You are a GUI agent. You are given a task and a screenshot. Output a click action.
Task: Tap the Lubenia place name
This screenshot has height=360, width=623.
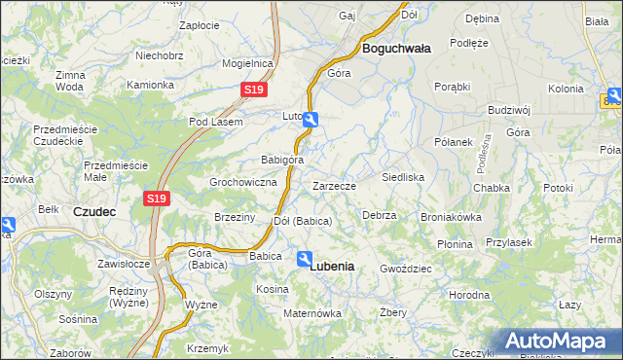click(x=331, y=266)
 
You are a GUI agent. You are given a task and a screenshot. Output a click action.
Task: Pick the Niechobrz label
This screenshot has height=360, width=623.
click(x=160, y=55)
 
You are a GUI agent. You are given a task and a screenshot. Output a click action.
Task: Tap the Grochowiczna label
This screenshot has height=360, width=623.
click(x=244, y=182)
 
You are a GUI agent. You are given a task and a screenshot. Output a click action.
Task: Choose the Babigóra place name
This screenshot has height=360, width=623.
click(x=282, y=160)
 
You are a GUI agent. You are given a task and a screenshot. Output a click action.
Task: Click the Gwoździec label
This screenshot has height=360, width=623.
click(x=405, y=268)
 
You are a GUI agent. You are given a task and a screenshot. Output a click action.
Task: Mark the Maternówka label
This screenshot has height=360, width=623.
click(x=311, y=313)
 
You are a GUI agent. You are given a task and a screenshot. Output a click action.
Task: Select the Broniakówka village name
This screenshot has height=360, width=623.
click(x=451, y=217)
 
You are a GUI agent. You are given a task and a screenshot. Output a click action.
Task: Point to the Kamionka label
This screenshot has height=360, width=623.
click(x=151, y=85)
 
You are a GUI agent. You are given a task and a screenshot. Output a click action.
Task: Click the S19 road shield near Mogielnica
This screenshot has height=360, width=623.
click(x=253, y=90)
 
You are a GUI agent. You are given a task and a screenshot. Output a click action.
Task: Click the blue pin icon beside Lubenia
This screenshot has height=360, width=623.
click(x=305, y=258)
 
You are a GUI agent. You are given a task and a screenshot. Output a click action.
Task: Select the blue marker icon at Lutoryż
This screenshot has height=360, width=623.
click(x=310, y=120)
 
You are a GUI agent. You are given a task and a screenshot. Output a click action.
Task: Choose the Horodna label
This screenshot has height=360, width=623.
click(x=468, y=294)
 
